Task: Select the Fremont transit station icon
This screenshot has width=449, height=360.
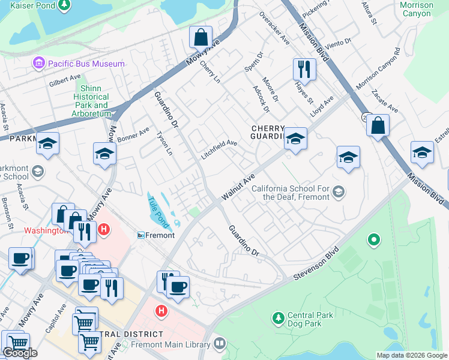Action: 142,235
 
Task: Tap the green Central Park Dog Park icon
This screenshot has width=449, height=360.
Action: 277,316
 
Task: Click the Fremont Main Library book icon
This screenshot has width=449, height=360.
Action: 220,344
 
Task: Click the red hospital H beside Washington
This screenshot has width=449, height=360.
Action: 104,230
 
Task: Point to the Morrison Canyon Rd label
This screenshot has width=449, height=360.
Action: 378,70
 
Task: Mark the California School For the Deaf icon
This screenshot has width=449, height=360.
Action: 339,192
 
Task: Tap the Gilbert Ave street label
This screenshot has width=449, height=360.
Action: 65,79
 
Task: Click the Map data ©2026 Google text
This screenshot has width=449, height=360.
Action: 411,355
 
